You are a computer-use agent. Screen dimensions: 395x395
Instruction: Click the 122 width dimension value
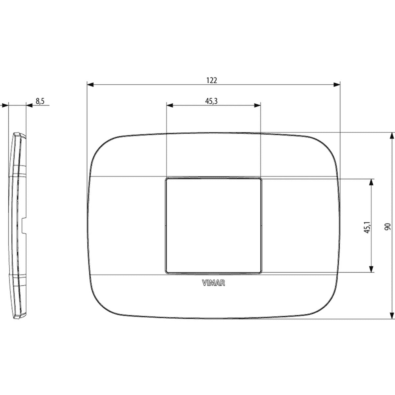click(212, 80)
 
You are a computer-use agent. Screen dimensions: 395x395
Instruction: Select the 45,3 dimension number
click(211, 101)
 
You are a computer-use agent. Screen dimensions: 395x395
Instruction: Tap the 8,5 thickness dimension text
click(40, 101)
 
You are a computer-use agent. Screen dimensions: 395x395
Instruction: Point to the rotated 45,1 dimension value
click(367, 227)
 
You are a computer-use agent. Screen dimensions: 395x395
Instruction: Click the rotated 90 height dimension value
click(388, 227)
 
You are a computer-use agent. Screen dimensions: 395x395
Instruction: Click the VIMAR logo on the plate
click(213, 283)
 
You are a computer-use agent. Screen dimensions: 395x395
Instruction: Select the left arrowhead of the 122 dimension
click(91, 85)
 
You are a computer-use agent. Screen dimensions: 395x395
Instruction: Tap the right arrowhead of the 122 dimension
click(337, 85)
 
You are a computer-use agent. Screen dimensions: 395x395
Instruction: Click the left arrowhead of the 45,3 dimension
click(170, 105)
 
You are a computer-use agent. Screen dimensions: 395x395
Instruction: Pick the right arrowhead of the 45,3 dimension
click(257, 105)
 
